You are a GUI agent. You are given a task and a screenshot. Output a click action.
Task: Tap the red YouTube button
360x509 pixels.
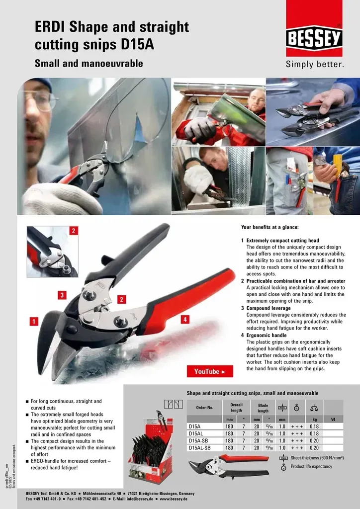pos(210,371)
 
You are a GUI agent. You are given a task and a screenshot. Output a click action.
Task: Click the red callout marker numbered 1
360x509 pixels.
pos(34,321)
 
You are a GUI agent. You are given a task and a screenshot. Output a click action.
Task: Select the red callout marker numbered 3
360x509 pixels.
pos(62,295)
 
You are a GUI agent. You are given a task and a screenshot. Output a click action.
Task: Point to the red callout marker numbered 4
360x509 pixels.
pos(184,320)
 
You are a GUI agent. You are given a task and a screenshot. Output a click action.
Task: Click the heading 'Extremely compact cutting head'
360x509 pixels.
pos(283,241)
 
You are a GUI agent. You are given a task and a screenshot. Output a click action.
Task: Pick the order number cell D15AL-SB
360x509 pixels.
pos(200,447)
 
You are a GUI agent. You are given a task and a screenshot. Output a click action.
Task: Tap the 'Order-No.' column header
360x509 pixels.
pos(204,408)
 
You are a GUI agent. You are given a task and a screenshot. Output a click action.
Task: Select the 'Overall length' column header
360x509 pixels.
pos(236,408)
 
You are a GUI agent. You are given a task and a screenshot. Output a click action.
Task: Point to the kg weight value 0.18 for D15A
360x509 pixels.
pos(314,426)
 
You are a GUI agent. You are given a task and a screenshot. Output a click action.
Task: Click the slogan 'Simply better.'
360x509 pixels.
pos(314,65)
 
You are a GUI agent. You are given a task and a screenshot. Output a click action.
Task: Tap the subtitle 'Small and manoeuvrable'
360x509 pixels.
pos(89,63)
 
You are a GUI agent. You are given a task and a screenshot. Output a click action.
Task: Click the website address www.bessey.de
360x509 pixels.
pos(174,498)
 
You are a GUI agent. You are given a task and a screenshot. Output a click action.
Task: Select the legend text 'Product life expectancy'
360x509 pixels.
pos(311,466)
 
